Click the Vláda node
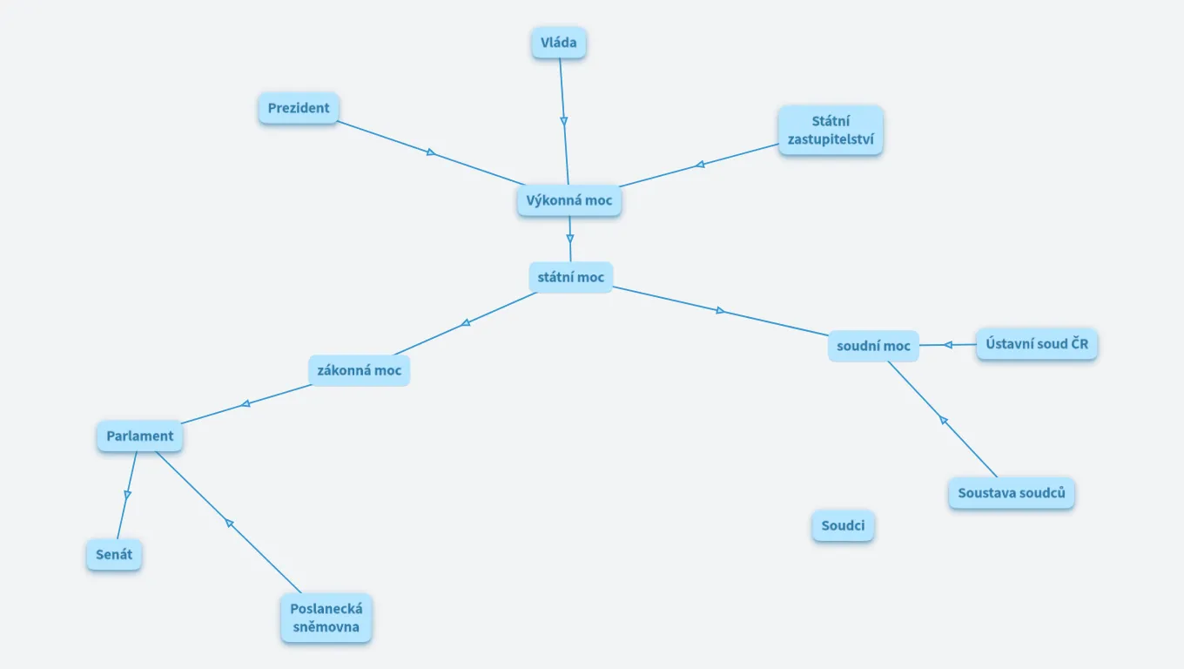pyautogui.click(x=558, y=43)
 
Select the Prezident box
pyautogui.click(x=299, y=108)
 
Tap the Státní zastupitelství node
pyautogui.click(x=831, y=130)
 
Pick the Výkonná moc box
pyautogui.click(x=569, y=200)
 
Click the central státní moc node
pyautogui.click(x=570, y=277)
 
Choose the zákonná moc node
pyautogui.click(x=359, y=370)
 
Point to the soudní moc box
pyautogui.click(x=873, y=346)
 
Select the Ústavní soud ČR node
pyautogui.click(x=1036, y=344)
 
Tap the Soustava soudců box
pyautogui.click(x=1011, y=493)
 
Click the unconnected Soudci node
pyautogui.click(x=843, y=526)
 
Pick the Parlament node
pyautogui.click(x=139, y=436)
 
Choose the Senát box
pyautogui.click(x=113, y=554)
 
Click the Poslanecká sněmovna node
pyautogui.click(x=326, y=618)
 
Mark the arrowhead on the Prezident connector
pyautogui.click(x=431, y=152)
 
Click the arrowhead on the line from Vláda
pyautogui.click(x=564, y=121)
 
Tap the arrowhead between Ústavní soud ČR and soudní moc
pyautogui.click(x=948, y=345)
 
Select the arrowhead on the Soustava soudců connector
pyautogui.click(x=943, y=421)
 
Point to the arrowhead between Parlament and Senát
pyautogui.click(x=127, y=495)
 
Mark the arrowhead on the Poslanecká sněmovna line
pyautogui.click(x=229, y=523)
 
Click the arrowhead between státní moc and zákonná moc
pyautogui.click(x=466, y=322)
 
